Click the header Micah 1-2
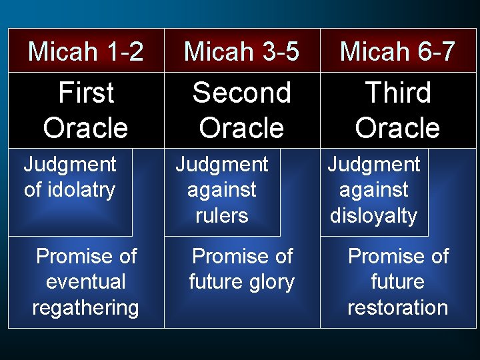[x=85, y=51]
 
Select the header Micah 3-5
[x=241, y=51]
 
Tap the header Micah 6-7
[x=397, y=51]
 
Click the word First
[x=86, y=93]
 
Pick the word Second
[x=241, y=93]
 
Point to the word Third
[x=398, y=93]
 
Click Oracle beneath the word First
[x=86, y=128]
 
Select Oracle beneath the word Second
[x=241, y=128]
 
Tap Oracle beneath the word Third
[x=397, y=128]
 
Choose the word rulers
[x=222, y=215]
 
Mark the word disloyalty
[x=373, y=215]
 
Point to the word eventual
[x=86, y=281]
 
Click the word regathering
[x=86, y=307]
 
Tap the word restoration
[x=397, y=307]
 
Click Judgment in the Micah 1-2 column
[x=70, y=165]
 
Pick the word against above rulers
[x=222, y=190]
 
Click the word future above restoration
[x=397, y=281]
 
